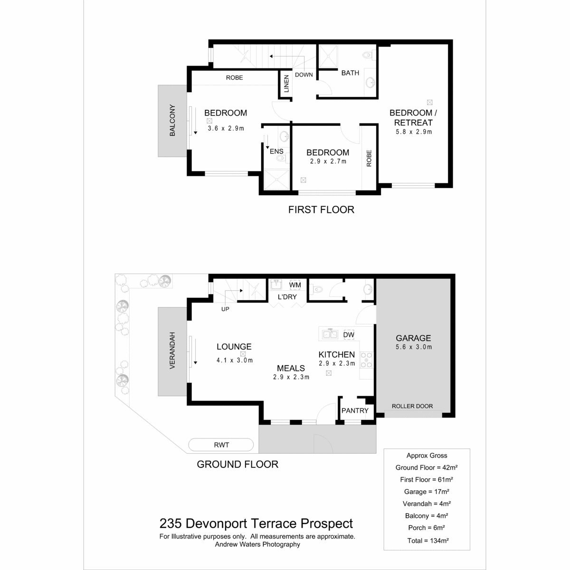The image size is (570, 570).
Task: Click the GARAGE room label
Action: [x=413, y=338]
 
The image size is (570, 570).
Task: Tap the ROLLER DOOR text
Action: [x=412, y=406]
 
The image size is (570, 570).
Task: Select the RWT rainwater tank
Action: [x=221, y=445]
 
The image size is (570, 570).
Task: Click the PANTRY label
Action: [x=355, y=410]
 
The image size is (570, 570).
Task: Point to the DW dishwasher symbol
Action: [x=349, y=334]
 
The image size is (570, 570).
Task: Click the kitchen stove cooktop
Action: [x=366, y=360]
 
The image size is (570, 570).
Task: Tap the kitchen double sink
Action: [x=330, y=334]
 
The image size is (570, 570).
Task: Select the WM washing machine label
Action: [x=295, y=285]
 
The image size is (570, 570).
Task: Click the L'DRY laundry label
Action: [x=287, y=297]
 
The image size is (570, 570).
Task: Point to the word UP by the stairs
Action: [x=225, y=309]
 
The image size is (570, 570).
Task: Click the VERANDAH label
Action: [x=172, y=351]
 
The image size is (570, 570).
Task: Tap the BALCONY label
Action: [x=172, y=120]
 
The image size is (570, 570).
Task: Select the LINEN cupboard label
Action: [x=286, y=84]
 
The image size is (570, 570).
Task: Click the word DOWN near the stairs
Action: [x=304, y=75]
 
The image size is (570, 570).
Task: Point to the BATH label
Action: [x=350, y=73]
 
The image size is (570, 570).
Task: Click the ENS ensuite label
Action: [x=276, y=152]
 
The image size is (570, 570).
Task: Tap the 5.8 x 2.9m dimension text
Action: [x=414, y=132]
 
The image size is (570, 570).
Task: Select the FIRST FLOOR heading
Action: [x=321, y=210]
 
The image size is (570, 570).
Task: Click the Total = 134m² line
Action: [x=428, y=541]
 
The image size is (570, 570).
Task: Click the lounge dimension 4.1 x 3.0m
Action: [x=235, y=360]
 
